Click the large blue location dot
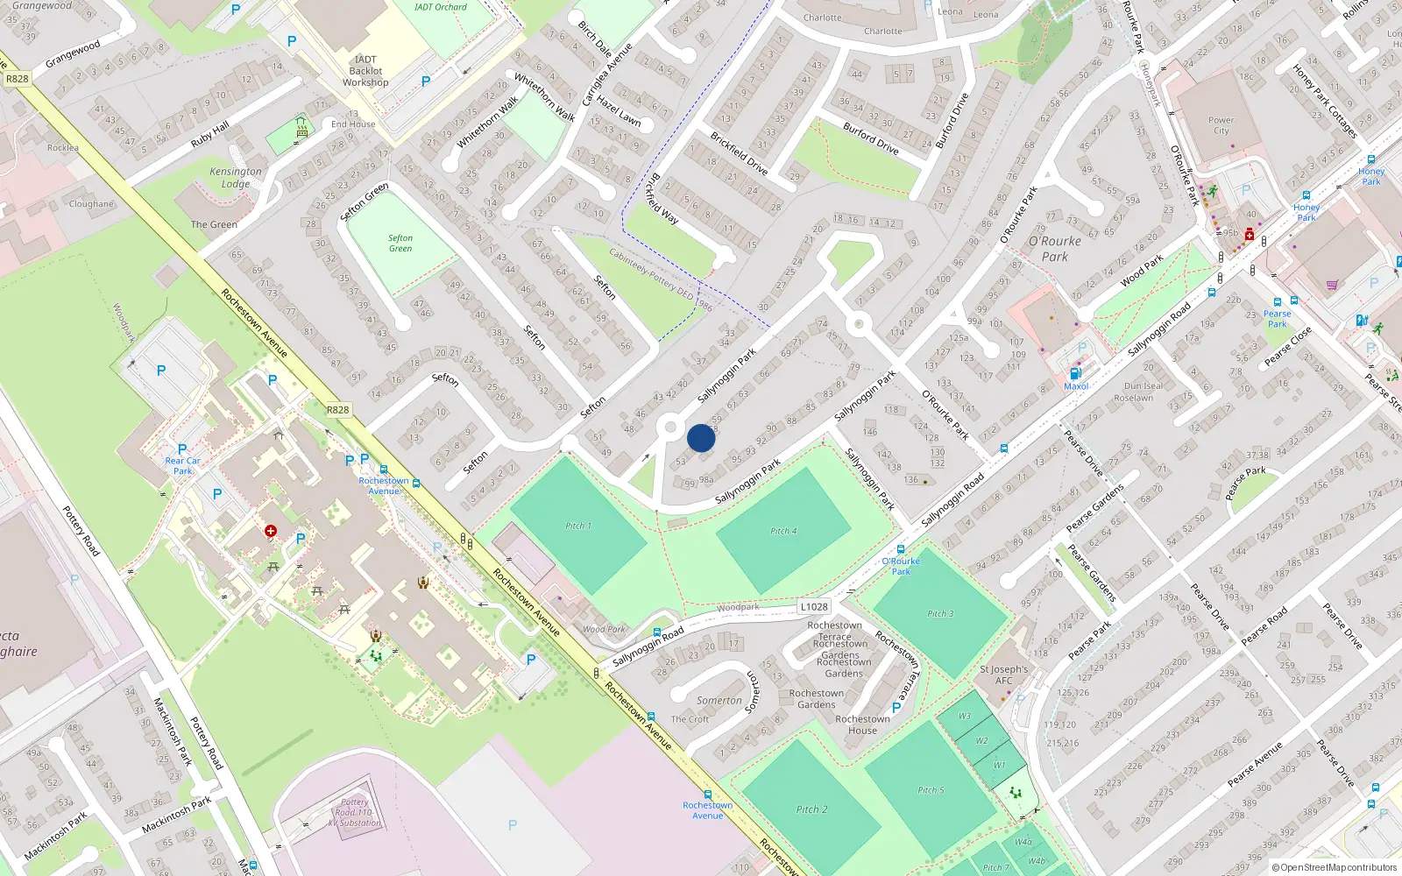(701, 438)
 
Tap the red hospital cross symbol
(271, 531)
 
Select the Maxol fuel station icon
(1076, 373)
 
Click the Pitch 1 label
(577, 526)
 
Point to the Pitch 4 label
(783, 531)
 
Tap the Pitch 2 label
(811, 809)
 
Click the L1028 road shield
(813, 606)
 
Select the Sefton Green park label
(400, 244)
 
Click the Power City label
(1221, 125)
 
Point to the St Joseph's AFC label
(1004, 675)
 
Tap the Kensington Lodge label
(235, 178)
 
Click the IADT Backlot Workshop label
(365, 71)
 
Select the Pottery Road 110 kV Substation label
(355, 812)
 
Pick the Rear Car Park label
(182, 465)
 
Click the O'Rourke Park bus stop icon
(901, 549)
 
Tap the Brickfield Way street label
(662, 199)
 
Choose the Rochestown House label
(862, 724)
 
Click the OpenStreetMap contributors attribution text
(1337, 867)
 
